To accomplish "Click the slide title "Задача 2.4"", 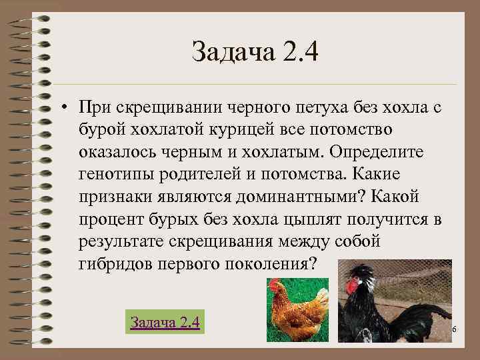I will click(255, 52).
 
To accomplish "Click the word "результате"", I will click(117, 241).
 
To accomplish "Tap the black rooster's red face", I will click(351, 285).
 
